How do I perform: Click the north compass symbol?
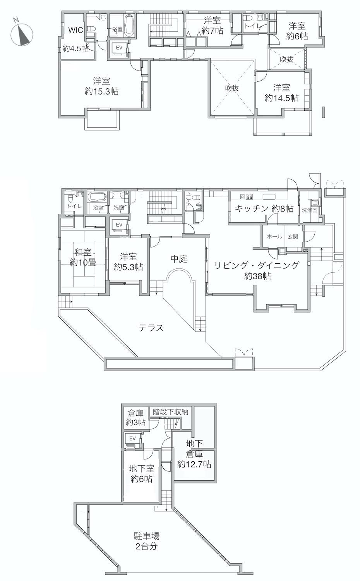pos(22,34)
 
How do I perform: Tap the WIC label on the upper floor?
pos(76,30)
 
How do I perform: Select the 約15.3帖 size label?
pos(101,91)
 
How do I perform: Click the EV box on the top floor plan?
pos(119,48)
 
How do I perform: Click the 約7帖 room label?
pos(212,31)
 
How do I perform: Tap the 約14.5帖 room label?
pos(281,98)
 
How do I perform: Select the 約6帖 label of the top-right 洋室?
pos(297,36)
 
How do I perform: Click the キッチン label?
pos(251,209)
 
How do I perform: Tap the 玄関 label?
pos(293,237)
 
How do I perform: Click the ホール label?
pos(274,237)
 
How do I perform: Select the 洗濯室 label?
pos(310,210)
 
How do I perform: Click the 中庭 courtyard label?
pos(179,259)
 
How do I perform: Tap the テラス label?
pos(151,328)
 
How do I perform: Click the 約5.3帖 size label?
pos(128,267)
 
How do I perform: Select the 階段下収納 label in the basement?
pos(170,412)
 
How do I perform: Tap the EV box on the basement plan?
pos(132,438)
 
